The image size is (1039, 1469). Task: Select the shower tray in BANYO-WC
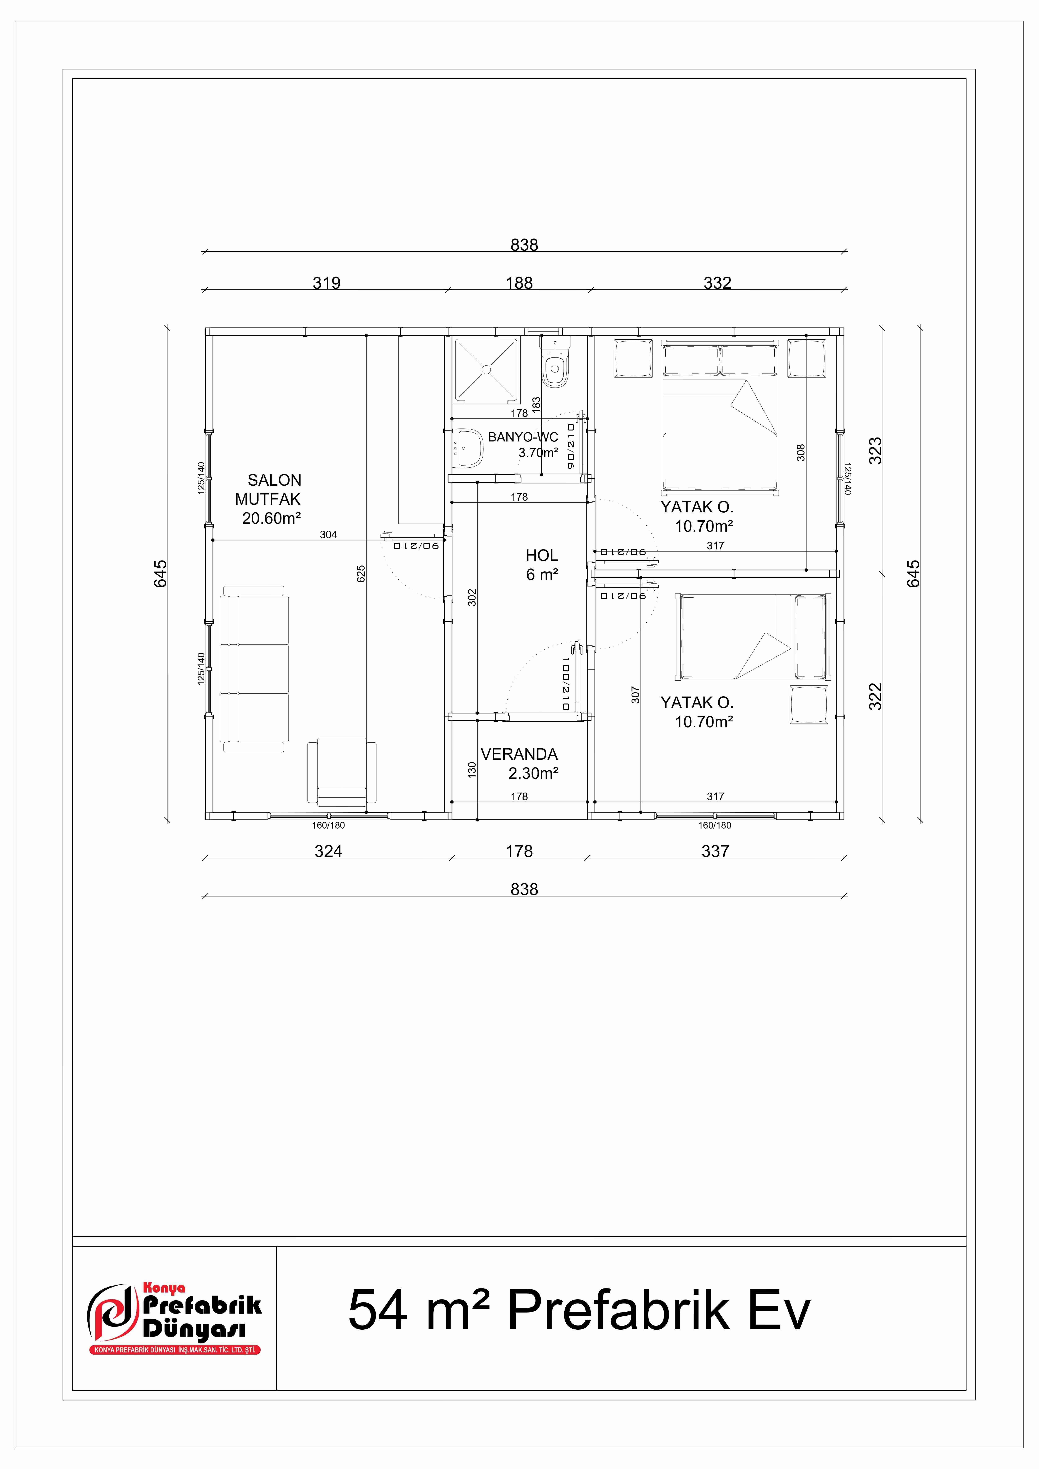click(x=486, y=370)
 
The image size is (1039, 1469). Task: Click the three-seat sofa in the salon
click(x=254, y=669)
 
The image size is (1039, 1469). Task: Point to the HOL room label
click(x=541, y=555)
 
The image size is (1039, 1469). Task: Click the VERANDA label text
click(x=519, y=754)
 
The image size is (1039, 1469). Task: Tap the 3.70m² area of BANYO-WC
click(x=537, y=452)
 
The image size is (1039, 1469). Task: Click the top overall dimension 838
click(x=524, y=244)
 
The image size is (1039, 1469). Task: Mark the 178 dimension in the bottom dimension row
click(x=519, y=851)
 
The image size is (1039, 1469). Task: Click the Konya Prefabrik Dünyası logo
click(x=174, y=1321)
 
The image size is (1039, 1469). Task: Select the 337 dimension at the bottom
click(x=715, y=851)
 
